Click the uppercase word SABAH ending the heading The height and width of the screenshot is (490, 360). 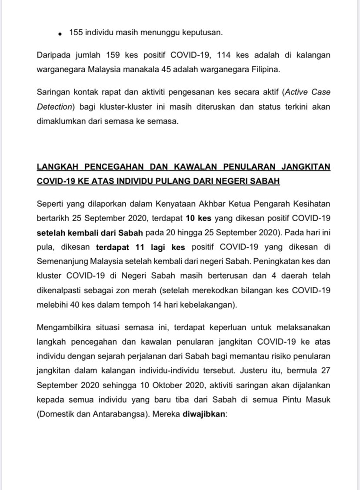tap(265, 181)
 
